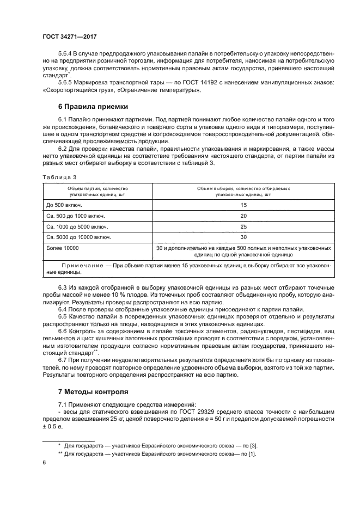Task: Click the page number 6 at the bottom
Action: pyautogui.click(x=44, y=462)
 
